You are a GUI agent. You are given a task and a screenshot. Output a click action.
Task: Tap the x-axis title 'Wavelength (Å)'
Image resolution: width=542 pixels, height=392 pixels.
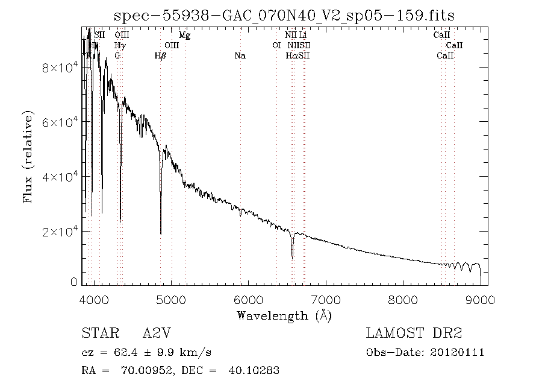(x=284, y=315)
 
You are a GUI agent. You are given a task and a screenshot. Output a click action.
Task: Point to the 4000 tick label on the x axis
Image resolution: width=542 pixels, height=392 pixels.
(x=94, y=299)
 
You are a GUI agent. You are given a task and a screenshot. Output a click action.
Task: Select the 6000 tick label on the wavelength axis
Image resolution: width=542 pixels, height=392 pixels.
(x=249, y=299)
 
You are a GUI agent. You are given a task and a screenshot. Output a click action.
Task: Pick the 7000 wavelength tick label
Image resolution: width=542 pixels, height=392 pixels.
(x=326, y=299)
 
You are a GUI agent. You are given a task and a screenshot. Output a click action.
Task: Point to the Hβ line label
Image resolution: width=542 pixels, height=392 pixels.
(x=160, y=56)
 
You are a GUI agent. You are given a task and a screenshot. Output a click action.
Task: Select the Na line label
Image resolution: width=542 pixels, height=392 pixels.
(x=240, y=56)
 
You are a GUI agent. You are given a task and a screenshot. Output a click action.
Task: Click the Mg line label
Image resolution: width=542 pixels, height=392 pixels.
(x=185, y=36)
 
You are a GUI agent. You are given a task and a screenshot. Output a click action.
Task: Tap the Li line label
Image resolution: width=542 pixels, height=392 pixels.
(x=303, y=36)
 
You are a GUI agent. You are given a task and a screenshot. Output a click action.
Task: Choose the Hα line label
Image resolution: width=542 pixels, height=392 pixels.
(x=291, y=56)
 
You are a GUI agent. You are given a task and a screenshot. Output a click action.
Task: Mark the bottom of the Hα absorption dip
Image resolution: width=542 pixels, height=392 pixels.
(x=292, y=258)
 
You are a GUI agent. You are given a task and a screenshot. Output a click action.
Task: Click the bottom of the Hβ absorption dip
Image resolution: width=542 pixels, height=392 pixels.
(x=160, y=233)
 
